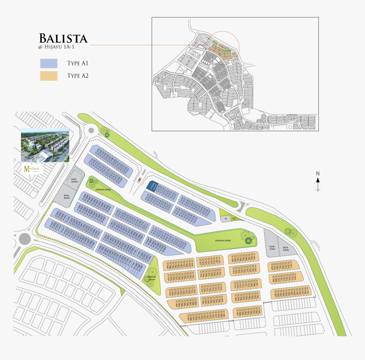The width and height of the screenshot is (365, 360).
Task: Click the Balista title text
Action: (63, 39)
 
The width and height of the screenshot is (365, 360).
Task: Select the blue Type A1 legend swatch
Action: (48, 63)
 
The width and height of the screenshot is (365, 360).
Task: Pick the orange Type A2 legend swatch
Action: (48, 76)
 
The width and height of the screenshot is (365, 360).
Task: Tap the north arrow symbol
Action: (317, 181)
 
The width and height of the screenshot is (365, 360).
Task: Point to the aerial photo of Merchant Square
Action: (45, 145)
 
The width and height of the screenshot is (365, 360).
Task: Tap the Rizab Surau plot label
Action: (273, 247)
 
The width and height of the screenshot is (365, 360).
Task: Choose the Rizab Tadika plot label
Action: (286, 248)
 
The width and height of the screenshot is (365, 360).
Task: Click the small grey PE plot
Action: (226, 219)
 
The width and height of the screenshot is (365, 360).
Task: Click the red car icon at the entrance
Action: (139, 180)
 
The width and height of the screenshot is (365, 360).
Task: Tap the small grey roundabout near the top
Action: (91, 131)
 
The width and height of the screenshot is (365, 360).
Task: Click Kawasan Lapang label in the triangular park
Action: (152, 278)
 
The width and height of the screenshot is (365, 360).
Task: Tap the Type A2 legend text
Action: (77, 76)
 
